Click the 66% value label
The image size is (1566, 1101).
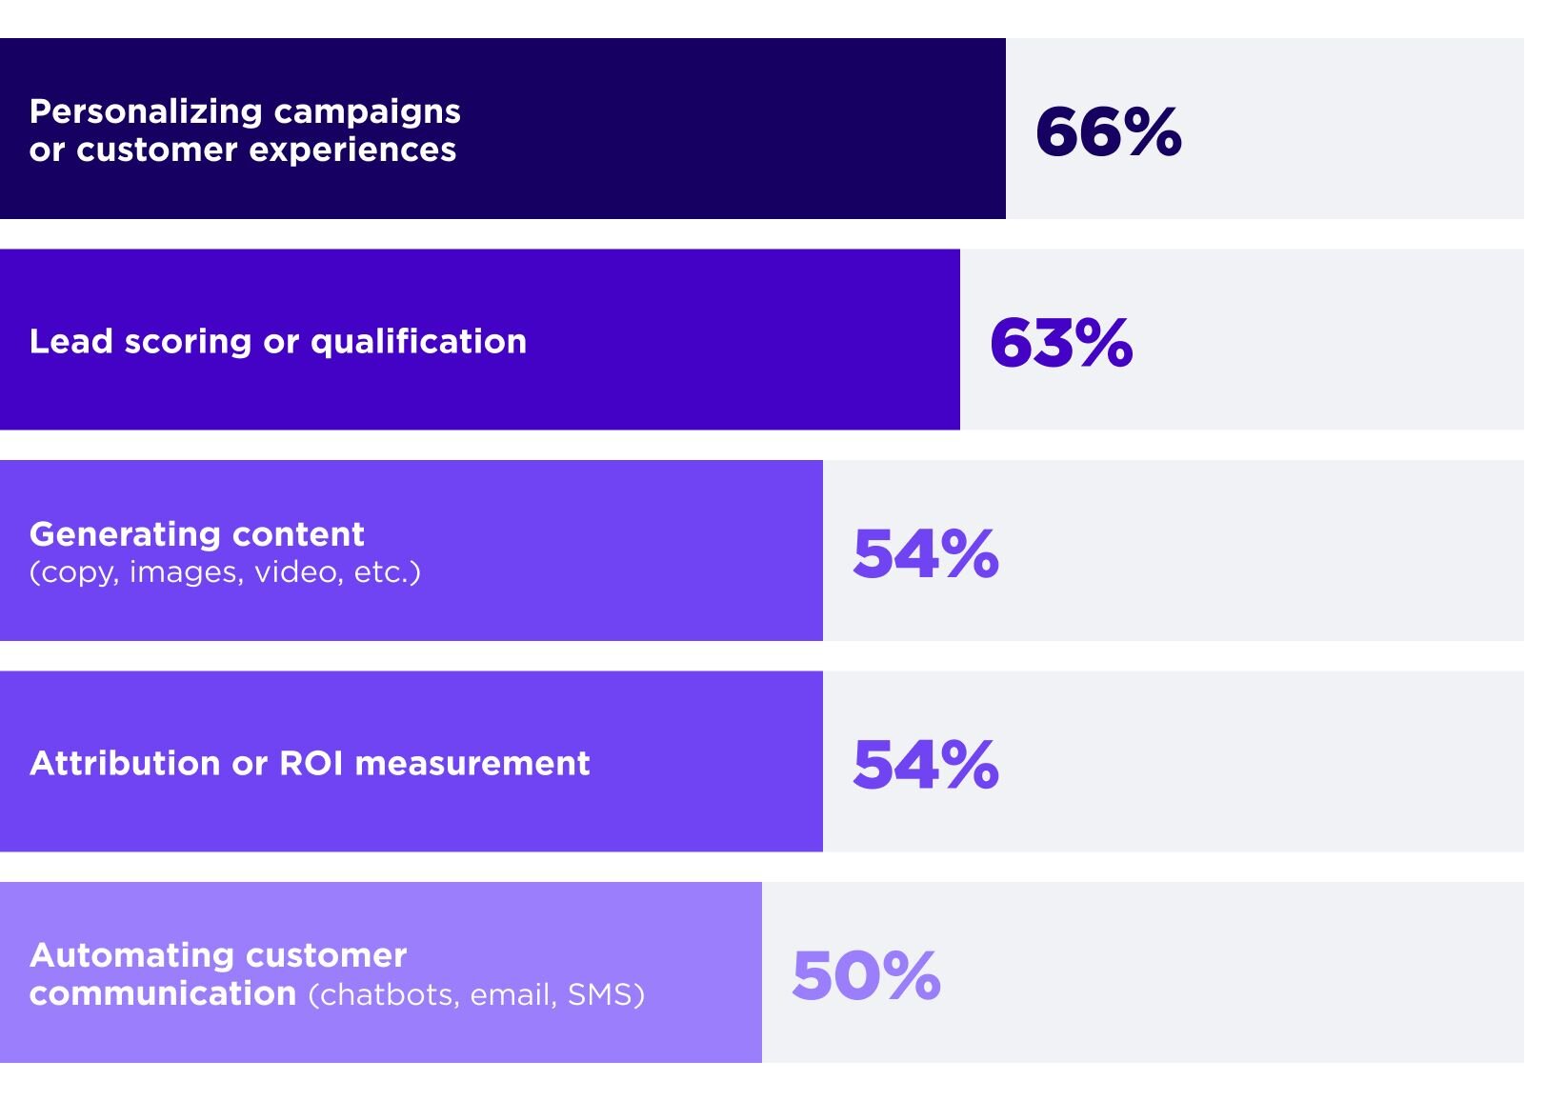tap(1108, 131)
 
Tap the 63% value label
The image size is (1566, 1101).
tap(1061, 343)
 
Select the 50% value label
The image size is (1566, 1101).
tap(866, 976)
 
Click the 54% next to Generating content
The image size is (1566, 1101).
tap(925, 554)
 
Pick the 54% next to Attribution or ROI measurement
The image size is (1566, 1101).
tap(925, 765)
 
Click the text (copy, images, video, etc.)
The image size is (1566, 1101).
tap(225, 572)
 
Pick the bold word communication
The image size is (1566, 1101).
tap(163, 993)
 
